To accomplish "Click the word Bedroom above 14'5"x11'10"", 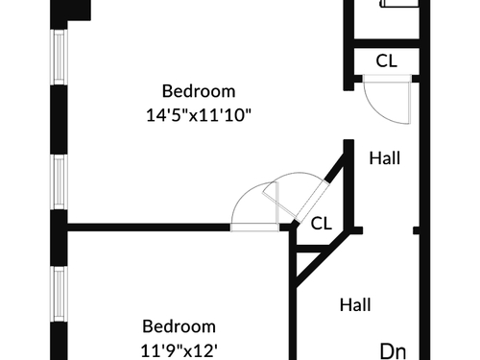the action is [199, 91].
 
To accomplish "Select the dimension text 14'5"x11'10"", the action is [199, 115].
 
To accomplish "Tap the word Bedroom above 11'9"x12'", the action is [179, 326].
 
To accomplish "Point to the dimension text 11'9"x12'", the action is [180, 350].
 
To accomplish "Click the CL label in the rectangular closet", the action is [387, 60].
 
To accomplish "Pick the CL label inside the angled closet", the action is [322, 224].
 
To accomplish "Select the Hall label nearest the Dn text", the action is [355, 304].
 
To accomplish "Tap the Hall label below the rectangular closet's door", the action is [385, 158].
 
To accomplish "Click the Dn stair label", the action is [393, 351].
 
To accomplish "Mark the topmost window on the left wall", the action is [60, 58].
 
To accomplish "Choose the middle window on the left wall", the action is [60, 182].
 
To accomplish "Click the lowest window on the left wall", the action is [60, 294].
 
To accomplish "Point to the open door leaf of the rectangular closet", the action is [409, 100].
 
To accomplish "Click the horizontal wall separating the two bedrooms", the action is [149, 228].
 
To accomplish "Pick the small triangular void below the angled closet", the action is [306, 261].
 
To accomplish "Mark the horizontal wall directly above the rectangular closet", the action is [387, 43].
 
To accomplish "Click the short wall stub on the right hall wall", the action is [417, 230].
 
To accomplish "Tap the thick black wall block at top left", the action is [71, 11].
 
